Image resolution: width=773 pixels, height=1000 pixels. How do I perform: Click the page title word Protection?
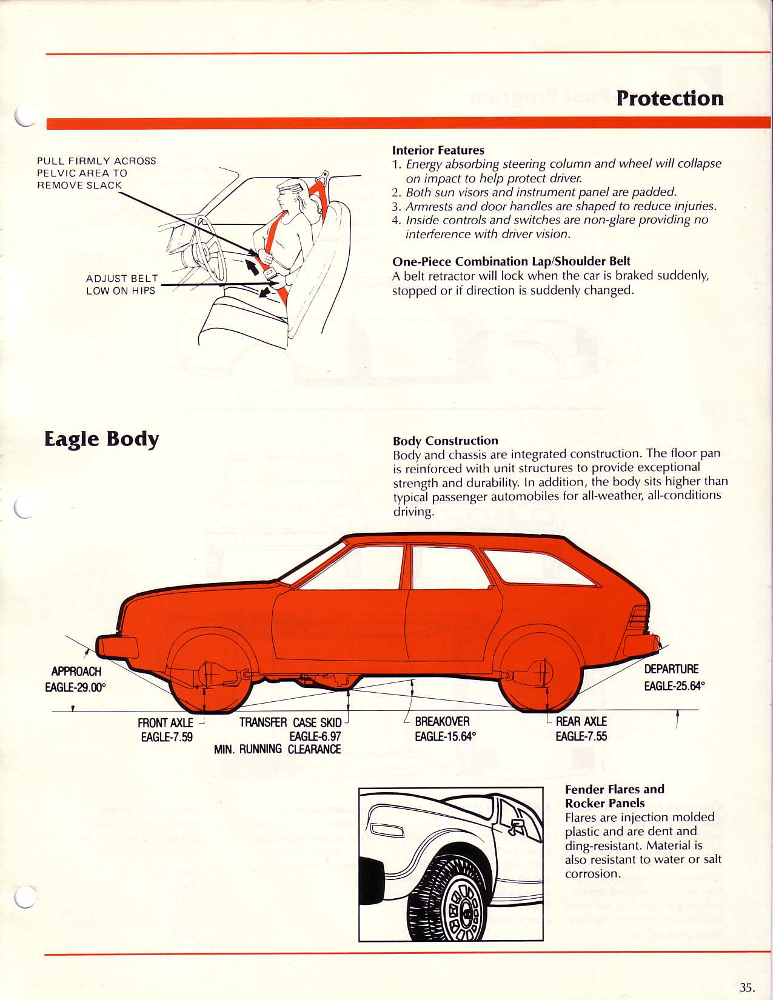click(x=669, y=98)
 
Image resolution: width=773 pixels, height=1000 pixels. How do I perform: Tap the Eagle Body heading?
click(x=101, y=439)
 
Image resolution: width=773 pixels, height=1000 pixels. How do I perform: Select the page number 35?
click(x=747, y=987)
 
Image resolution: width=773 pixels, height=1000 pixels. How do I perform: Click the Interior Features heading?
click(x=438, y=150)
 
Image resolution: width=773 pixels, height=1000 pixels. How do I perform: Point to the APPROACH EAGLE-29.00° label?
click(x=76, y=679)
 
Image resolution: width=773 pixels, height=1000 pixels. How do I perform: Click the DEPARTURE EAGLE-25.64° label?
click(x=674, y=678)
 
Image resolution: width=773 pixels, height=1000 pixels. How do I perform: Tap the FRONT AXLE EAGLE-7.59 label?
click(x=166, y=730)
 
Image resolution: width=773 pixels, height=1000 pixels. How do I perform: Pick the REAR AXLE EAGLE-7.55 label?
click(x=581, y=729)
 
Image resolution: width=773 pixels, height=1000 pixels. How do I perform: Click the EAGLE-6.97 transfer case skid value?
click(x=315, y=736)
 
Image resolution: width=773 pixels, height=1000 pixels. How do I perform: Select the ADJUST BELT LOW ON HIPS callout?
click(x=121, y=285)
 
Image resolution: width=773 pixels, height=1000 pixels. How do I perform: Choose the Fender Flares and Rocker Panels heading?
click(x=614, y=796)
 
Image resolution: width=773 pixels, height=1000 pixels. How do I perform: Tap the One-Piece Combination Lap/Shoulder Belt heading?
click(x=511, y=262)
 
